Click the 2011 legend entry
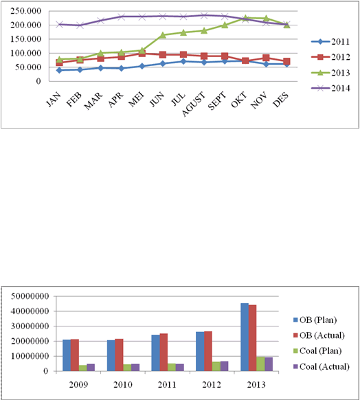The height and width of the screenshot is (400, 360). coord(330,42)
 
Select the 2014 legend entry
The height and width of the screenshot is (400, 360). coord(330,88)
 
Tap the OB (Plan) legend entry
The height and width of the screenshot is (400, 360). coord(315,320)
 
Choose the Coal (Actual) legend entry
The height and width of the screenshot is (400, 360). coord(322,366)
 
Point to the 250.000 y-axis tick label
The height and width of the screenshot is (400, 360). coord(25,11)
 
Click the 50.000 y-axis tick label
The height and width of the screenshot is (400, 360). coord(28,67)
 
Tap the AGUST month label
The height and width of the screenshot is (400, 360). coord(194,104)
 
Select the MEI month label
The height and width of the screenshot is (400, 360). coord(136,100)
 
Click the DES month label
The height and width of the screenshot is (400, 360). coord(281,100)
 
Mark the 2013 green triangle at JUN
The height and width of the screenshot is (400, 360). coord(163,35)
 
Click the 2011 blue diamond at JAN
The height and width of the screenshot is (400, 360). coord(59,70)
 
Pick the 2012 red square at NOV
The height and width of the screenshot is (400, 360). coord(266,58)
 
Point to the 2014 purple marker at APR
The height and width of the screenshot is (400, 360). coord(122,16)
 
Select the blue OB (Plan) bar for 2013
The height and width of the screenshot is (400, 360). coord(245,337)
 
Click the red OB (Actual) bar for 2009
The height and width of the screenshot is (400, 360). coord(75,355)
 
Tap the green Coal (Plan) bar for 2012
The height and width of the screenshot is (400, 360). coord(216,366)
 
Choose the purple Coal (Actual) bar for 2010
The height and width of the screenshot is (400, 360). coord(135,367)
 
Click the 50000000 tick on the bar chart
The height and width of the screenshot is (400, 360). coord(30,296)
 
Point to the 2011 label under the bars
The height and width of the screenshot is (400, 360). coord(167,384)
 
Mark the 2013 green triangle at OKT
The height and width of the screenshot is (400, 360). coord(245,18)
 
